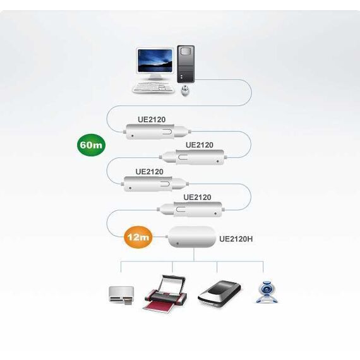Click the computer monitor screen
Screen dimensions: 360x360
tap(155, 61)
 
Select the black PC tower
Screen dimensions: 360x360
tap(186, 64)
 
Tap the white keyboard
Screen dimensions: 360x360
tap(152, 88)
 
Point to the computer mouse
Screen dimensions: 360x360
tap(185, 91)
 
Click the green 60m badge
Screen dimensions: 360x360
tap(91, 145)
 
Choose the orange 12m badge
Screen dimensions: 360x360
tap(138, 237)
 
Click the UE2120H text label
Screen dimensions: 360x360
tap(236, 239)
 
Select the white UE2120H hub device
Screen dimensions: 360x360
tap(192, 237)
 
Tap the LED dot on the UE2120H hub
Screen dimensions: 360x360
tap(177, 243)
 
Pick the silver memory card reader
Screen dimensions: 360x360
tap(121, 296)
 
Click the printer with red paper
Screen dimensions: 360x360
tap(165, 294)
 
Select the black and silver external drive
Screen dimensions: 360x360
tap(219, 294)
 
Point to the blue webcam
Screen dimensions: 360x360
tap(267, 292)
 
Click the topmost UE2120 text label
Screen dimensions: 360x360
tap(152, 119)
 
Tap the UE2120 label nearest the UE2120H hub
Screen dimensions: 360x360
tap(197, 197)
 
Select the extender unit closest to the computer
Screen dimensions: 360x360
tap(157, 131)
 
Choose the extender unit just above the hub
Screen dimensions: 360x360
tap(191, 210)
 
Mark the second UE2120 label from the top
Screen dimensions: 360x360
tap(200, 145)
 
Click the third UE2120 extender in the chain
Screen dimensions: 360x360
tap(155, 184)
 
